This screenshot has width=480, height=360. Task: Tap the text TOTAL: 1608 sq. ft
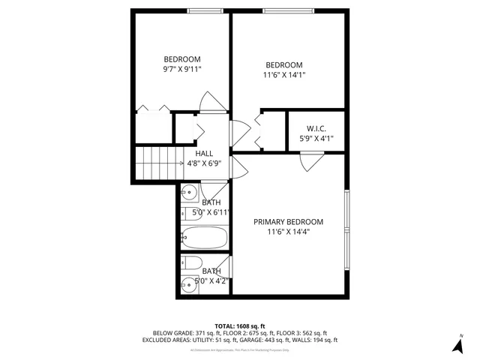(239, 326)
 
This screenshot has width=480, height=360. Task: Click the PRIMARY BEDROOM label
(288, 222)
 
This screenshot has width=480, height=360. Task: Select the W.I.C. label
(315, 128)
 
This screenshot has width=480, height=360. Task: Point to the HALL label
(204, 153)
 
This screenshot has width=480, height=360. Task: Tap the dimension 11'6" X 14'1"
(284, 74)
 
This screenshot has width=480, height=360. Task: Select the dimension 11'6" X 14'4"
(288, 232)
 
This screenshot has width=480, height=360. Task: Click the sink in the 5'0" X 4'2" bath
(187, 284)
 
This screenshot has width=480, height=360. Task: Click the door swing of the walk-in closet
(308, 162)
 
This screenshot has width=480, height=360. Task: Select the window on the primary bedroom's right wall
(346, 230)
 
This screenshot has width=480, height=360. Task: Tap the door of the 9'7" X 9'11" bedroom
(212, 103)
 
